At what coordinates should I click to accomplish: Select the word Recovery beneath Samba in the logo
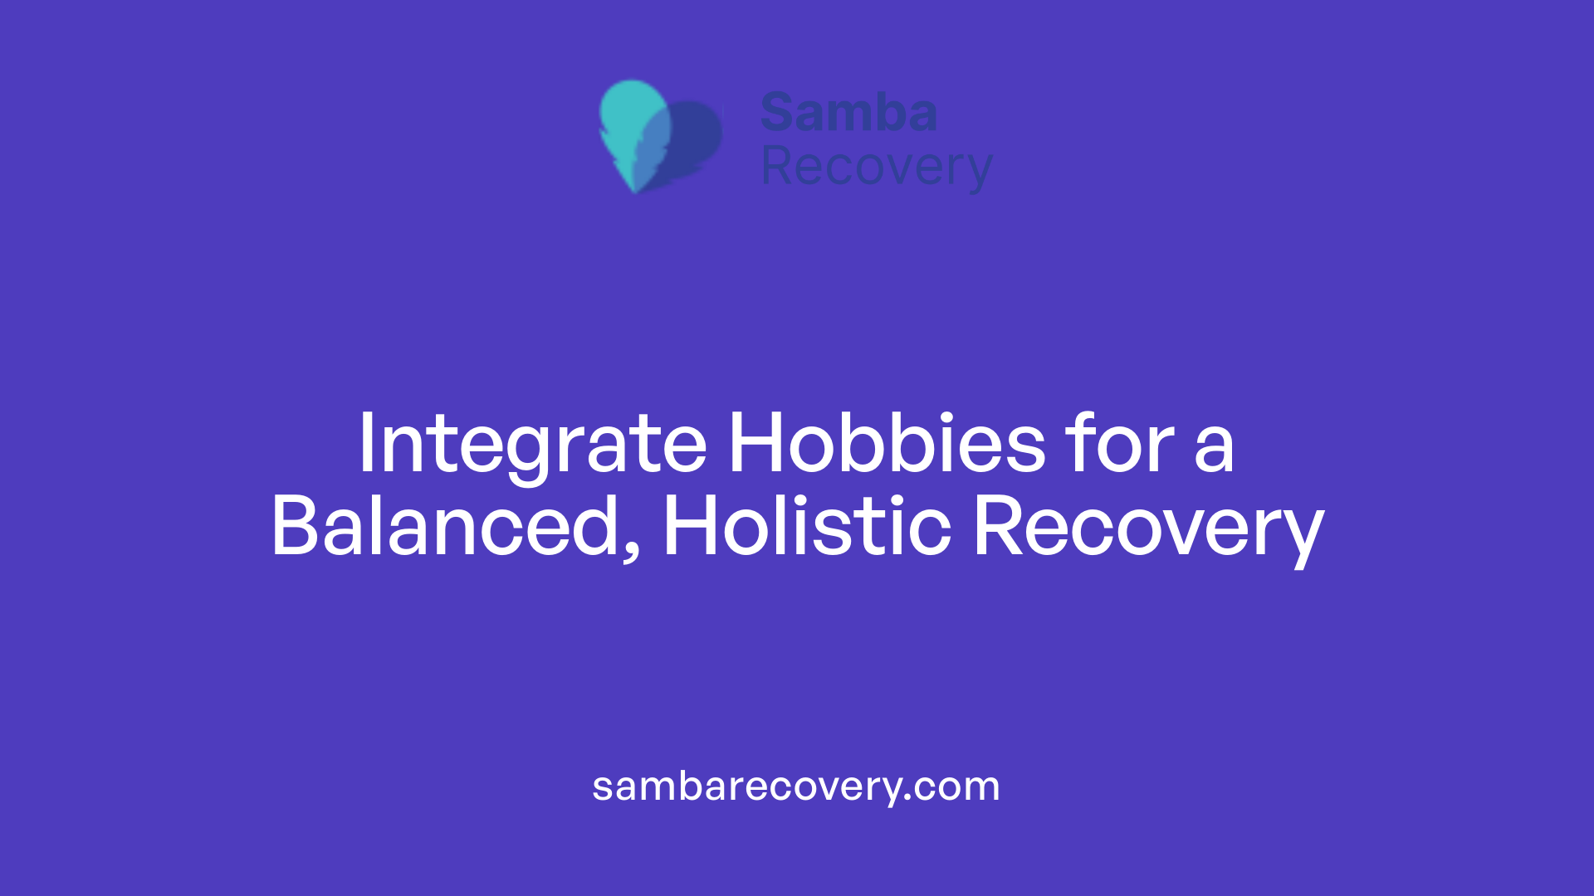[876, 168]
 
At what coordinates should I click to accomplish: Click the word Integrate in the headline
[531, 445]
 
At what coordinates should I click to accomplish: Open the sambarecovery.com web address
[795, 786]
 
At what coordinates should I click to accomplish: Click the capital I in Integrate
[366, 443]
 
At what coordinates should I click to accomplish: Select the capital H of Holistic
[690, 526]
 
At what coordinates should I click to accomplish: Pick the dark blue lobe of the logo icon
[696, 137]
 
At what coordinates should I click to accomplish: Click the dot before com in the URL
[908, 798]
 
